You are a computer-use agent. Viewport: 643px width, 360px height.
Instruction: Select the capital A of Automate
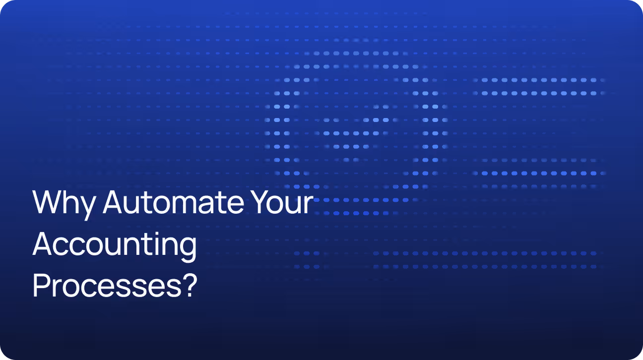[x=115, y=202]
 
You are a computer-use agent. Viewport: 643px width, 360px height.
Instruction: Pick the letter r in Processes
[x=58, y=288]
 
